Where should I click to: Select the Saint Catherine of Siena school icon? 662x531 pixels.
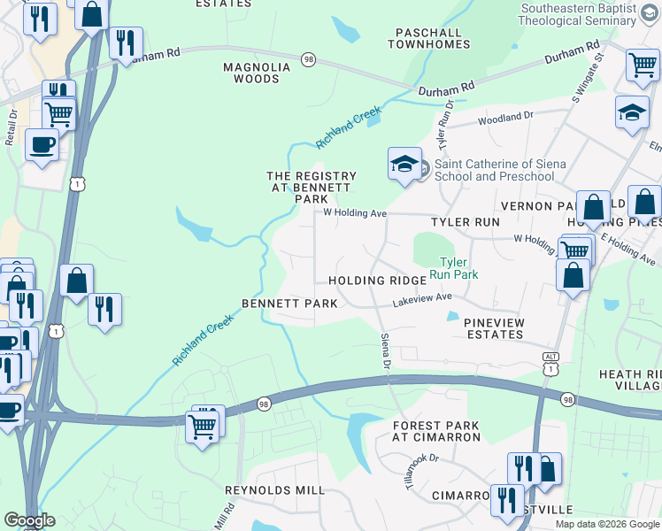[404, 164]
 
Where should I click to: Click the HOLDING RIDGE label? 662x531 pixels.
[377, 281]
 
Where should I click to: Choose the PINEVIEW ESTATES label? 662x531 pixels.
[494, 328]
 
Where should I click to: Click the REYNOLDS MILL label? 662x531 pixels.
[274, 490]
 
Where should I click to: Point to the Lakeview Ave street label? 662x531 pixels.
[423, 302]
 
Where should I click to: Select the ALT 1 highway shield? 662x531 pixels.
[550, 362]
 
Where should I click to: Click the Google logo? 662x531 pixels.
[29, 520]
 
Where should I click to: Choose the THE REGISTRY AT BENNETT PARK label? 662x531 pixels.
[312, 188]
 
